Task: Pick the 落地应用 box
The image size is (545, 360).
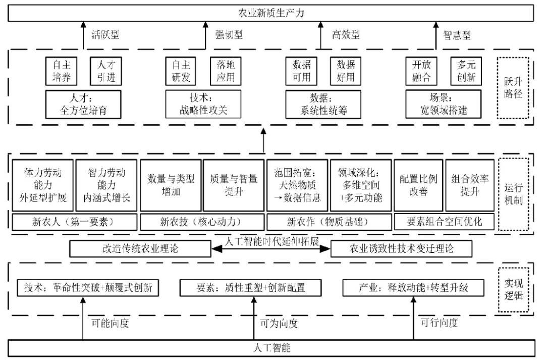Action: pyautogui.click(x=223, y=72)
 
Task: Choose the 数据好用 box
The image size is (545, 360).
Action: pyautogui.click(x=346, y=72)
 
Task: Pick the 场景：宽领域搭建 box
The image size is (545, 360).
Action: pyautogui.click(x=443, y=104)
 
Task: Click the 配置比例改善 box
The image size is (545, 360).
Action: pyautogui.click(x=418, y=185)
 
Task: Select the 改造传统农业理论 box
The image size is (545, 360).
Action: pyautogui.click(x=140, y=249)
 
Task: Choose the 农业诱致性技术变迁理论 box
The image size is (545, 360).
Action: pyautogui.click(x=402, y=249)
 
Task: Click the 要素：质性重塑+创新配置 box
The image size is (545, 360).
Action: pyautogui.click(x=250, y=288)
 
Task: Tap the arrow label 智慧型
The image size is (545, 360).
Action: pyautogui.click(x=457, y=35)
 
